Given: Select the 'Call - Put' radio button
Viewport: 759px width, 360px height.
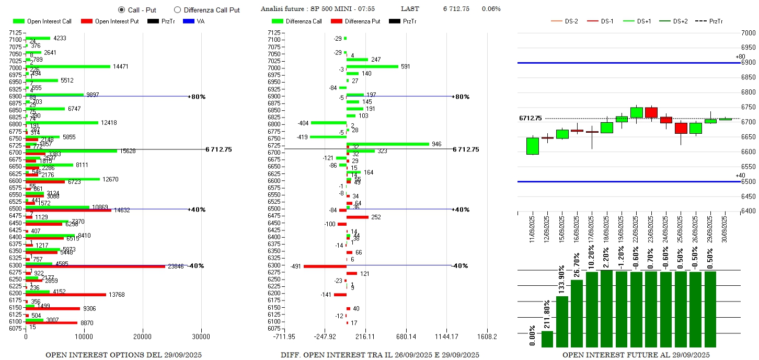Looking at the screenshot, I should point(121,10).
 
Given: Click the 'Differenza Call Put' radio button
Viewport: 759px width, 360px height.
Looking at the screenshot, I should point(177,10).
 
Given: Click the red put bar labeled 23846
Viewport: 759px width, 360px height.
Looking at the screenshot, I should point(95,266).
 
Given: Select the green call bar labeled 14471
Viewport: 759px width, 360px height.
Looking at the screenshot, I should point(68,66).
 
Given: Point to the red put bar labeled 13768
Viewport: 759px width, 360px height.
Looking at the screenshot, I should point(66,295).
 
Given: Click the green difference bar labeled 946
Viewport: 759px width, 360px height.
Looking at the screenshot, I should point(387,144).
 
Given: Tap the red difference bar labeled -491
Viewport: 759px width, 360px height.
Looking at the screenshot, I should point(325,266).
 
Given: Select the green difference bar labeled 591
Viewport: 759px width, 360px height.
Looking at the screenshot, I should point(372,66).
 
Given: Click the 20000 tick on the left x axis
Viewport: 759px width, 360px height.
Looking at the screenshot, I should point(143,336).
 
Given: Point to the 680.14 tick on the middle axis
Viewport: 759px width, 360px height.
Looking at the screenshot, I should point(396,336).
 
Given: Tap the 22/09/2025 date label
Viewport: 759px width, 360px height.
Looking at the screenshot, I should point(637,226).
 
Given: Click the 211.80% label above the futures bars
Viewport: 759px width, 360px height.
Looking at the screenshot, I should point(547,315).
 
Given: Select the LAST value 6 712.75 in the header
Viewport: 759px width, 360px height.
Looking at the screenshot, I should point(456,9).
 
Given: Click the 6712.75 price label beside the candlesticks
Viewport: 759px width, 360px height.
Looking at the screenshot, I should point(530,119).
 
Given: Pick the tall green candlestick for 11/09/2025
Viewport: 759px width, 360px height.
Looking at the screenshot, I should point(532,146).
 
